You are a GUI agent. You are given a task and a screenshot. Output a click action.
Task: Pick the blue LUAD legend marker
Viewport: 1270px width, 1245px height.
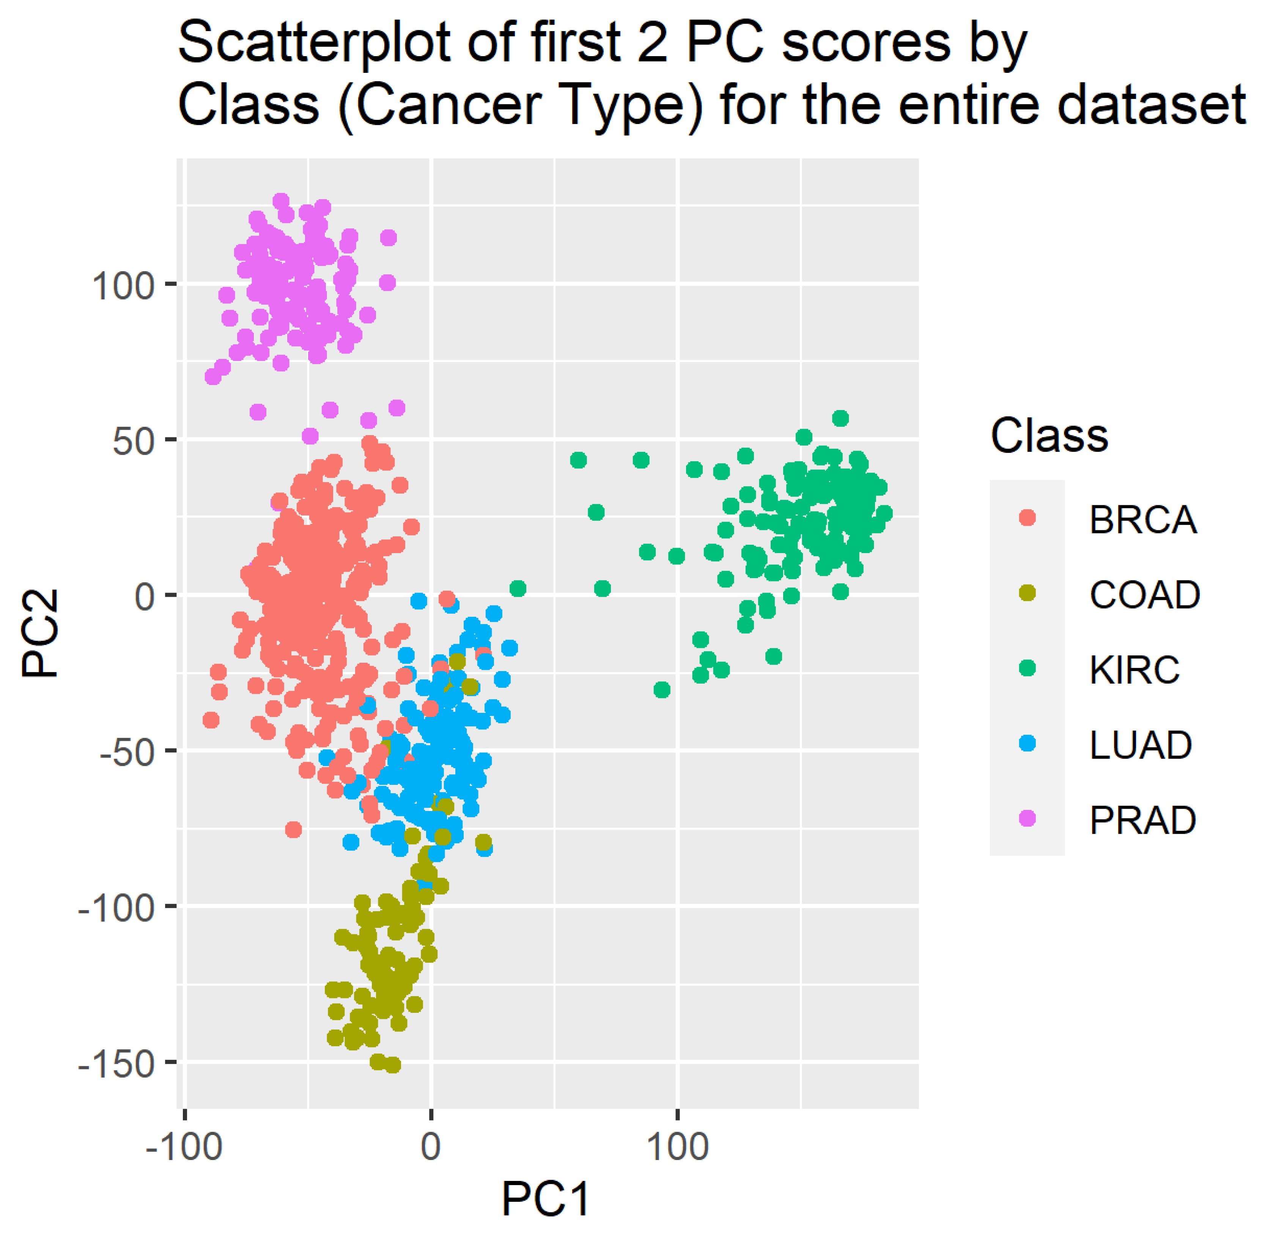click(1028, 744)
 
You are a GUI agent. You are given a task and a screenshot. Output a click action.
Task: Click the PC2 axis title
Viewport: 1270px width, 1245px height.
click(41, 633)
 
